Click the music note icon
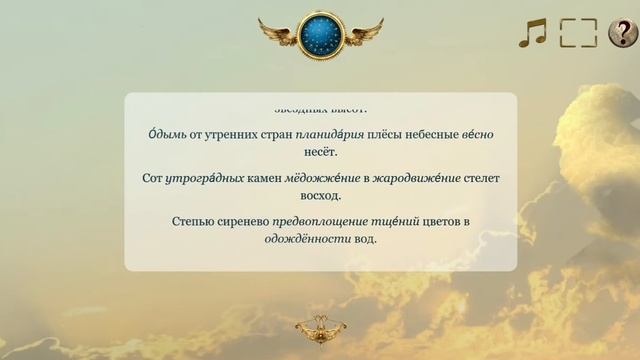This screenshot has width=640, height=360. (x=532, y=33)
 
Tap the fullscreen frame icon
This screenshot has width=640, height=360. (x=577, y=33)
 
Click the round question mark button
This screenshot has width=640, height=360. (x=622, y=33)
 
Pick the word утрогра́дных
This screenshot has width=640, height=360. (x=206, y=179)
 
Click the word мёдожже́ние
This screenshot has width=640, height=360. (x=322, y=179)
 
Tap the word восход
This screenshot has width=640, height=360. (x=321, y=197)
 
